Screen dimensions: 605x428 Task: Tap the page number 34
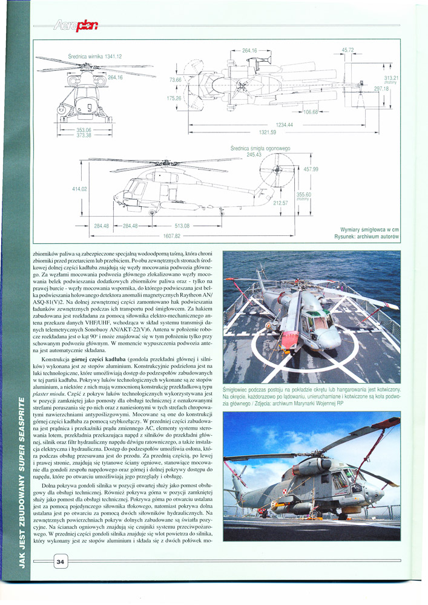(x=60, y=562)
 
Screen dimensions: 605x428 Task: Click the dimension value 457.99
(x=311, y=169)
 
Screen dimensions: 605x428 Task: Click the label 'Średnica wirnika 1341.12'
(x=96, y=56)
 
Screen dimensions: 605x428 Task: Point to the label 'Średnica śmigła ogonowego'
(x=261, y=148)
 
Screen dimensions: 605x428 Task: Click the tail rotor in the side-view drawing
(x=277, y=163)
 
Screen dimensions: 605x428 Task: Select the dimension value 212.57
(x=280, y=203)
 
